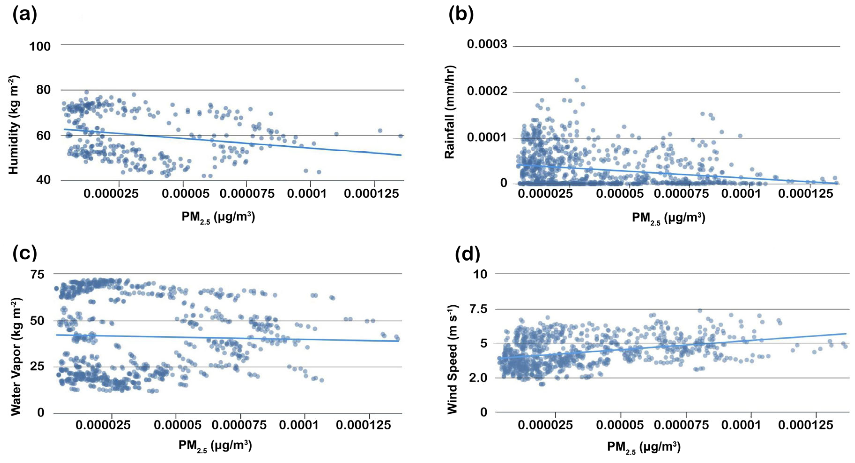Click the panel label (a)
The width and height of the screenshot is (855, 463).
pos(25,15)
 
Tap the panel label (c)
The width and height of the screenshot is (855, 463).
pos(25,253)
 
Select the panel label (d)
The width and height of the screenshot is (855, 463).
pos(467,254)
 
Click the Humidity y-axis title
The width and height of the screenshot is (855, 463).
pos(14,125)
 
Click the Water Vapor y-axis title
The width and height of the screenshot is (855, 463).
pos(16,357)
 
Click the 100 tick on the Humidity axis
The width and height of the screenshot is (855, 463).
pos(40,46)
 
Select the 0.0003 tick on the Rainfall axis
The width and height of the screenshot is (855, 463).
pos(487,44)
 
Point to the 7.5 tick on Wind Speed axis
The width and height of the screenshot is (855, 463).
pos(478,309)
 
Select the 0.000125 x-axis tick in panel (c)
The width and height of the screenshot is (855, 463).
pos(363,425)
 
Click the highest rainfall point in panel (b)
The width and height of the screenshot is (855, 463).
pos(577,80)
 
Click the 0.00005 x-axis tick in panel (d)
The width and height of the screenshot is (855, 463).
pos(620,425)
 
